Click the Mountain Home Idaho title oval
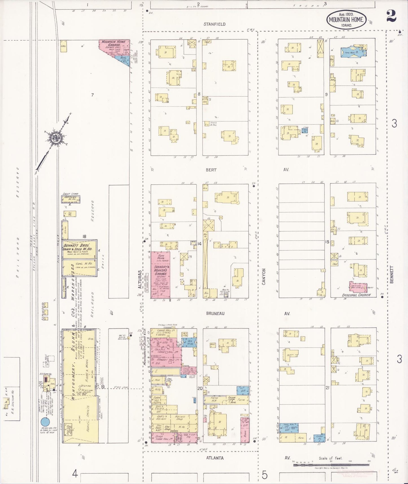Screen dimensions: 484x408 coord(346,20)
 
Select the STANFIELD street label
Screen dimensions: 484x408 coord(215,24)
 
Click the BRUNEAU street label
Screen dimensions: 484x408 coord(215,313)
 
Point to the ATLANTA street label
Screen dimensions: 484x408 coord(215,458)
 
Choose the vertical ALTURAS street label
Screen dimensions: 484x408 coord(139,279)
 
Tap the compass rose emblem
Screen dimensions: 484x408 coord(55,138)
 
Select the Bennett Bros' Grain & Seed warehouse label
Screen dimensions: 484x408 coord(80,247)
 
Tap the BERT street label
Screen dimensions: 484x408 coord(211,170)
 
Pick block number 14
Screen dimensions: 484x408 coord(199,243)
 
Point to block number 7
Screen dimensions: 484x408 coord(92,95)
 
